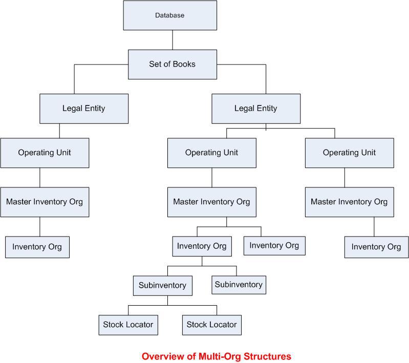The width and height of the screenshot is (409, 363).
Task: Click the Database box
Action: pyautogui.click(x=169, y=15)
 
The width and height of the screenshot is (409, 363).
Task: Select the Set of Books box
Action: pyautogui.click(x=172, y=65)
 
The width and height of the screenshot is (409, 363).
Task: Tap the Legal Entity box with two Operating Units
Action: pyautogui.click(x=255, y=109)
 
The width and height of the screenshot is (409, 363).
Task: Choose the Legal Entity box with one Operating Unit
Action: pyautogui.click(x=84, y=109)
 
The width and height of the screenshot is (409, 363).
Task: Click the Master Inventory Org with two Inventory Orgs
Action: pyautogui.click(x=211, y=202)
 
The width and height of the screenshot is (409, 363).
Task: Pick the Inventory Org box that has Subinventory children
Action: pyautogui.click(x=202, y=246)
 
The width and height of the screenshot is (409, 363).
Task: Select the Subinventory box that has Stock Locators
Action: pyautogui.click(x=162, y=285)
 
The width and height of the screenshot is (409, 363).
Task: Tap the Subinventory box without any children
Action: pyautogui.click(x=239, y=284)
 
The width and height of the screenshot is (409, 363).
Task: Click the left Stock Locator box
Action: pyautogui.click(x=128, y=325)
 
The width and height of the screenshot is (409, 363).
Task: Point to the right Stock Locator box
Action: pyautogui.click(x=211, y=325)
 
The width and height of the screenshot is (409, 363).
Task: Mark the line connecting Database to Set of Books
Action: pyautogui.click(x=172, y=39)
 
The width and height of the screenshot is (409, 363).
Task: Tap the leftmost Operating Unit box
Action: pyautogui.click(x=45, y=153)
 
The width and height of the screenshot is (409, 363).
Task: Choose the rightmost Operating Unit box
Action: pyautogui.click(x=349, y=153)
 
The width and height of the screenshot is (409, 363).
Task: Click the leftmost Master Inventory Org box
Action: pyautogui.click(x=45, y=202)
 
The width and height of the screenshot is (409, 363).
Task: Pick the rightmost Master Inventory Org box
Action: pyautogui.click(x=349, y=202)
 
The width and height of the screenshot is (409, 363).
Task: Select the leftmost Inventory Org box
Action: pyautogui.click(x=37, y=247)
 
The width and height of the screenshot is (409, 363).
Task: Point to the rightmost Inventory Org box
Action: pyautogui.click(x=376, y=247)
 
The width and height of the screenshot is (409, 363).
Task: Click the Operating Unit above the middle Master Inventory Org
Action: pyautogui.click(x=211, y=153)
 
